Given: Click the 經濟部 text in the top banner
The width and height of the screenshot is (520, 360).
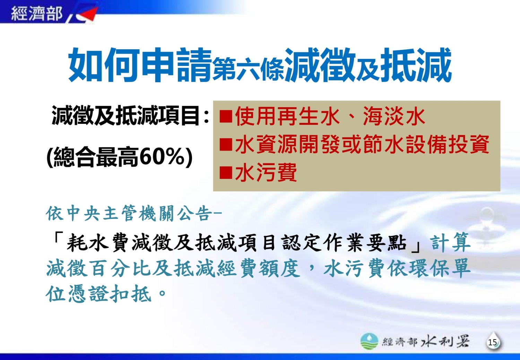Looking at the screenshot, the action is [37, 13].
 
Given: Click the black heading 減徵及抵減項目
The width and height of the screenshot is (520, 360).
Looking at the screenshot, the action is [125, 115].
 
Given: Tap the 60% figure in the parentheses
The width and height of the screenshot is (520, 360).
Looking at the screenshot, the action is [163, 157].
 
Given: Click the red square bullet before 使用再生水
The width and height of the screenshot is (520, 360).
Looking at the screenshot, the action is [226, 117].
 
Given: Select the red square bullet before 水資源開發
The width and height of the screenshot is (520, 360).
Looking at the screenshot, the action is [226, 145].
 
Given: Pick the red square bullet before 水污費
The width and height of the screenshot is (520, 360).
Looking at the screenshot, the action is [226, 173].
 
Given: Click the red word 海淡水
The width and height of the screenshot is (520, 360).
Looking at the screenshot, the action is [394, 116].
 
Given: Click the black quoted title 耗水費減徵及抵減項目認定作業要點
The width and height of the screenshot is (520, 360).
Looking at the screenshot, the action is [236, 243].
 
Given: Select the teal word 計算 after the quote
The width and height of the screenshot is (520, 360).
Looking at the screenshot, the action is [450, 243].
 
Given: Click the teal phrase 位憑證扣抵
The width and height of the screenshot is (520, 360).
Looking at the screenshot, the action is [99, 293].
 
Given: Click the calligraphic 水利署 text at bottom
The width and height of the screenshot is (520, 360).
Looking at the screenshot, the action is [445, 342].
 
